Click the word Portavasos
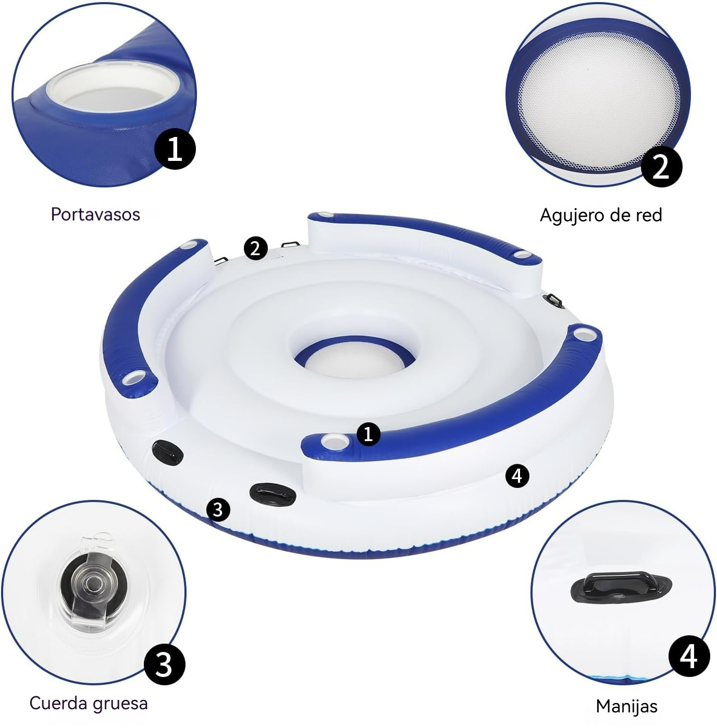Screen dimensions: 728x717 point(95,214)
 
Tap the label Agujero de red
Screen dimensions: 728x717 point(600,215)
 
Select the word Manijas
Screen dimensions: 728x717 point(626,706)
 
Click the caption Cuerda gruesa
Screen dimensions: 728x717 point(89,703)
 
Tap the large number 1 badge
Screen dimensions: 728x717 point(175,149)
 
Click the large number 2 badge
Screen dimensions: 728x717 point(661,167)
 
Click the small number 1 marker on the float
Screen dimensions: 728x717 point(368,433)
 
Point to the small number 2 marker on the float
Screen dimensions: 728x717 point(255,248)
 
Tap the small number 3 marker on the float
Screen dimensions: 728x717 point(218,509)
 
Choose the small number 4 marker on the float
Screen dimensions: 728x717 point(517,475)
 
